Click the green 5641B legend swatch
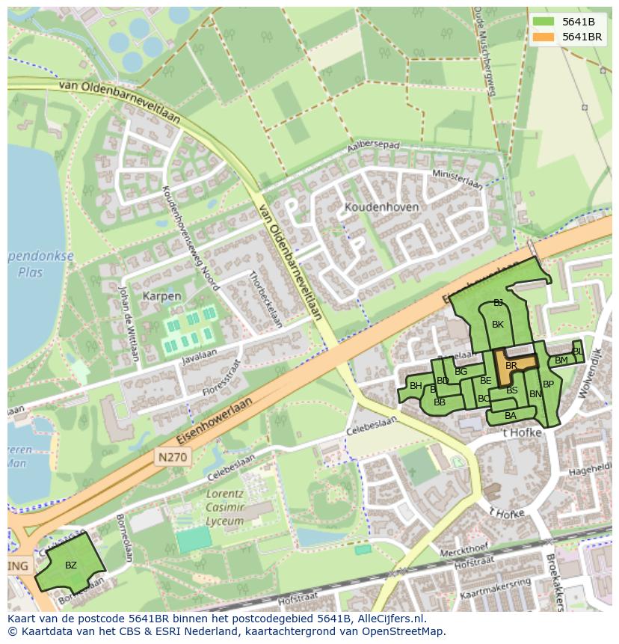click(x=543, y=22)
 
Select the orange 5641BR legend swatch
click(x=543, y=36)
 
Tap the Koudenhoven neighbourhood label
click(x=381, y=206)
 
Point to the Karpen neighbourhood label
click(x=161, y=296)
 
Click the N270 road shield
click(x=173, y=456)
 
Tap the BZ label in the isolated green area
click(x=71, y=565)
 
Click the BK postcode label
click(x=498, y=325)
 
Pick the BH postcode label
click(x=416, y=386)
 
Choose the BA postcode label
click(x=511, y=416)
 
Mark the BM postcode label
click(x=561, y=361)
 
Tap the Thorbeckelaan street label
click(x=265, y=299)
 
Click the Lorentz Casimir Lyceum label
click(x=226, y=508)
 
